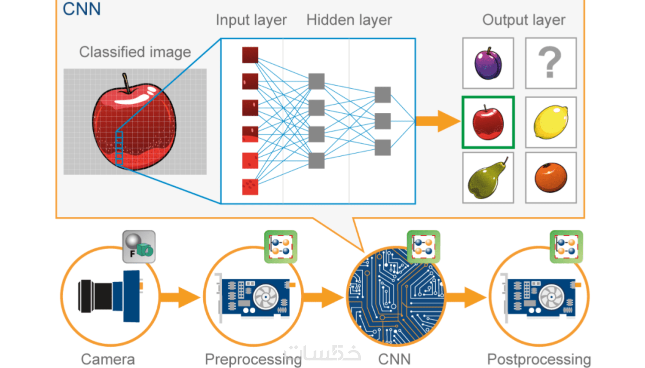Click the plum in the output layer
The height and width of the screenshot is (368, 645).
pos(488,64)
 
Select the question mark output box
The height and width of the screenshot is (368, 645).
pos(551,63)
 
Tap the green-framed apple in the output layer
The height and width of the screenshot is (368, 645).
pos(488,123)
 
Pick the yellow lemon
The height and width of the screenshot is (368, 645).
pos(551,122)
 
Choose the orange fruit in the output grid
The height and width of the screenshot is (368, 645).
pos(551,177)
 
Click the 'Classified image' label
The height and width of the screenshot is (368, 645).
pos(135,52)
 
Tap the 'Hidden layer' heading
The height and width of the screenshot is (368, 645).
pos(349,20)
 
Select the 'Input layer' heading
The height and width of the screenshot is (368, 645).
pos(251,20)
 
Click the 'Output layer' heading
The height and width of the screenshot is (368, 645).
pos(524,20)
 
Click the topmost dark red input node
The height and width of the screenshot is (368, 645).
pos(250,55)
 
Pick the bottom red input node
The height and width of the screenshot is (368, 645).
pos(250,187)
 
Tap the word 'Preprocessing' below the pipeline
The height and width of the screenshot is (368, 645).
pos(253,359)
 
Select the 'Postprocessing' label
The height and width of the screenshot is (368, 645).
pos(539,359)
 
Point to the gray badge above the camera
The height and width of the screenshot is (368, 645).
pos(139,247)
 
